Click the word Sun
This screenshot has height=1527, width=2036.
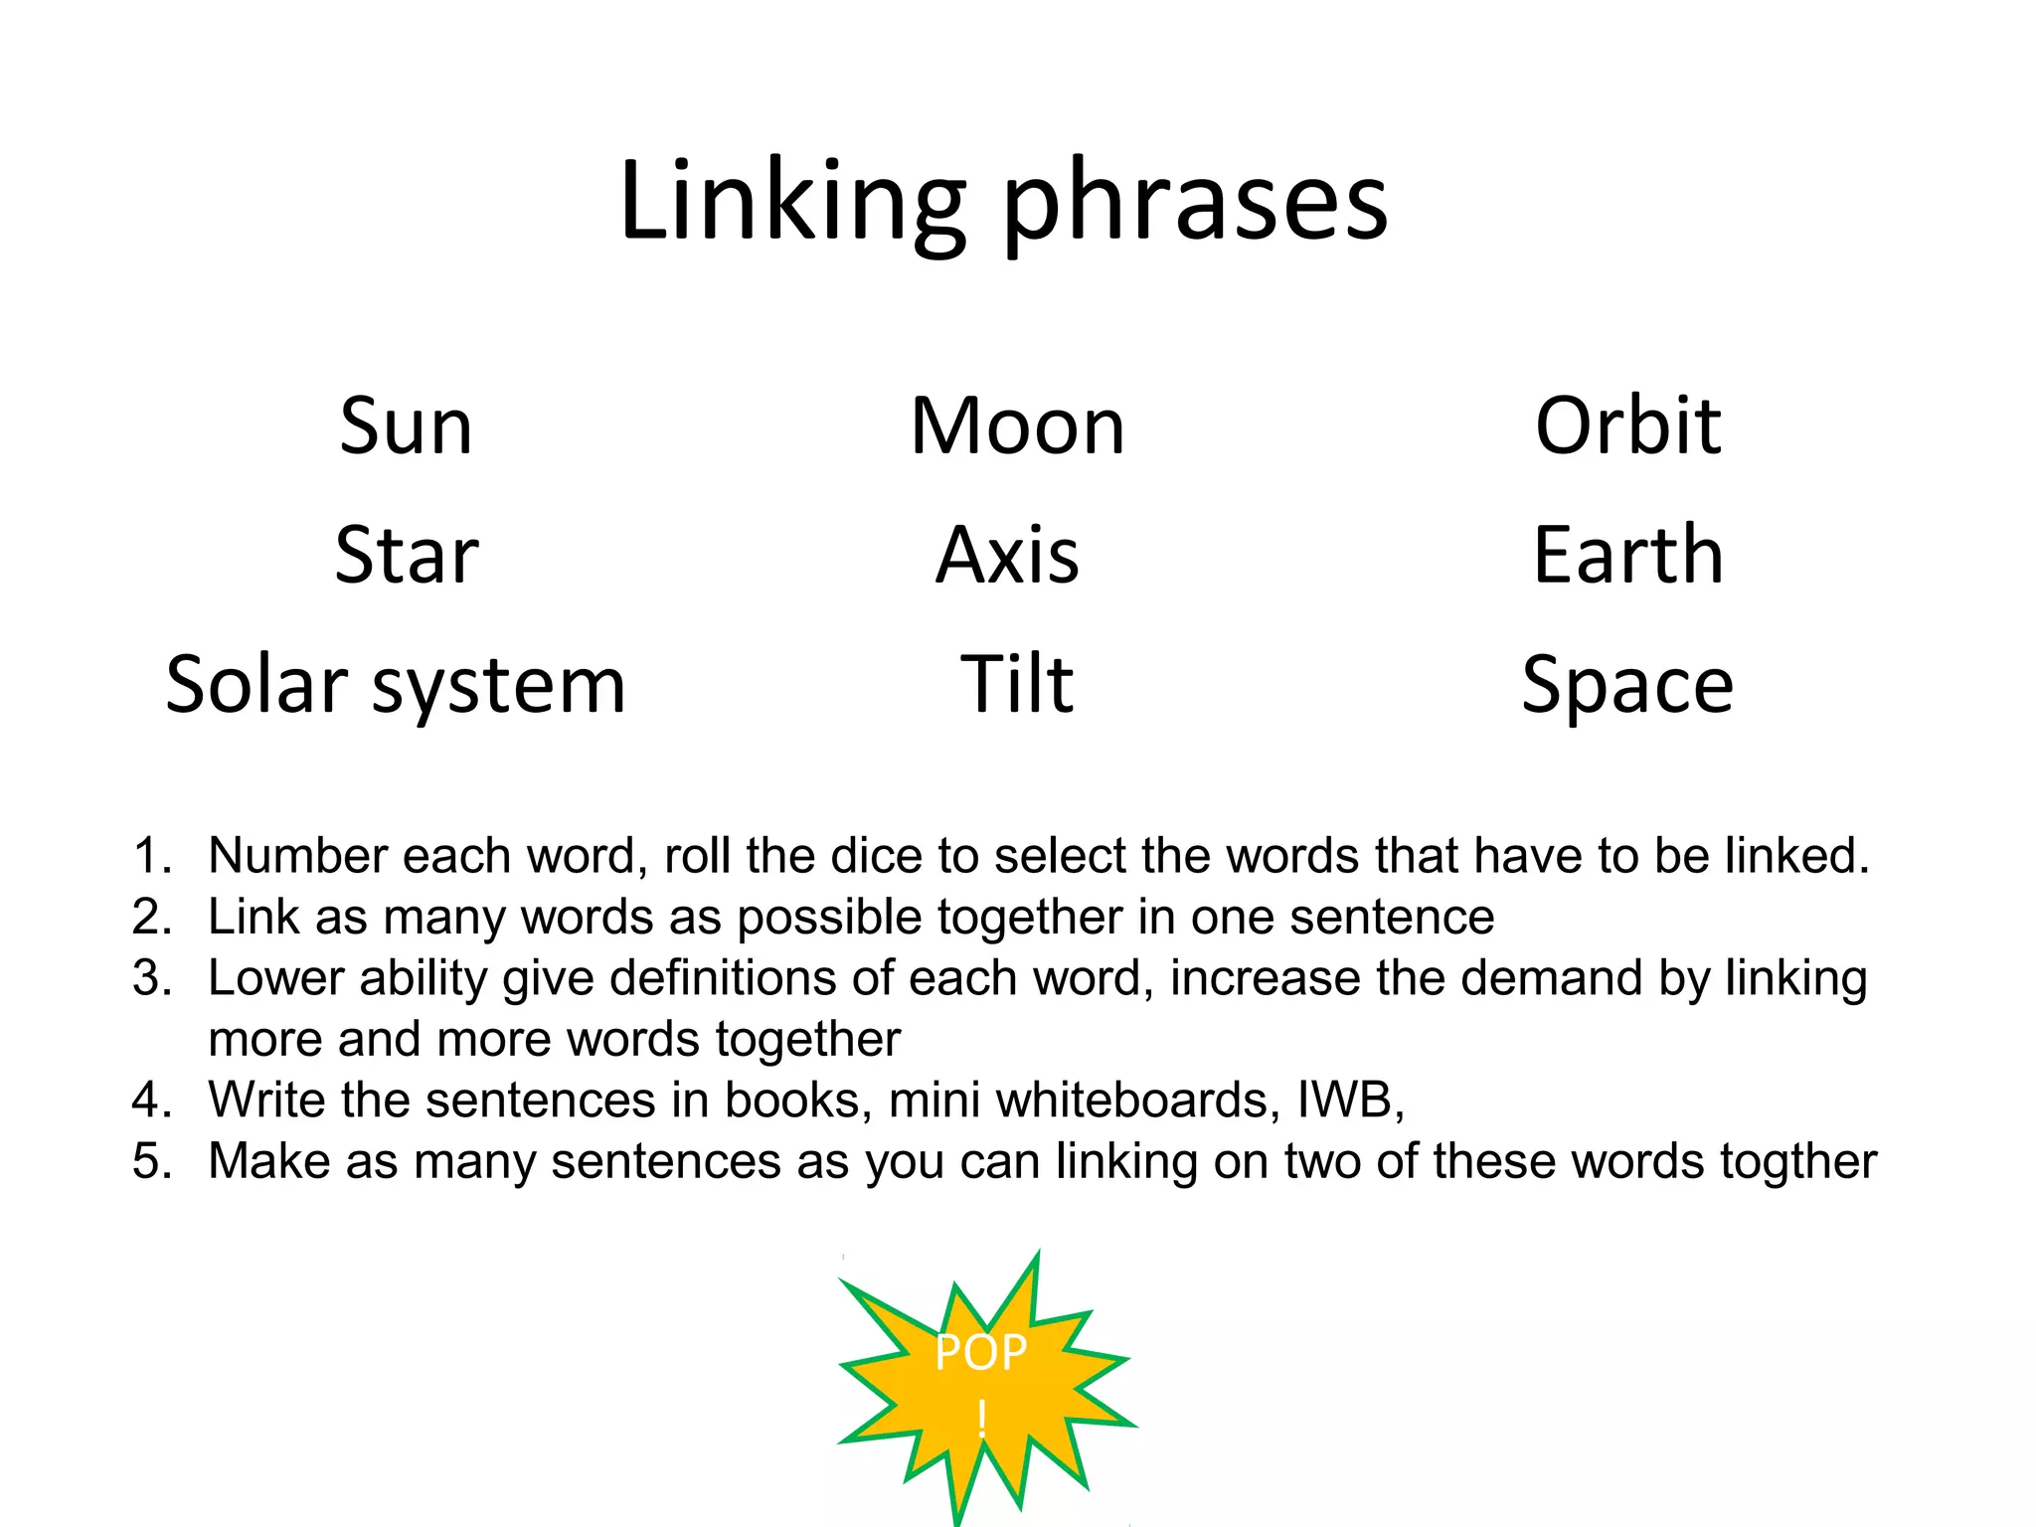pos(406,426)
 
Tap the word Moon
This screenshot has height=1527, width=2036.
pos(1017,426)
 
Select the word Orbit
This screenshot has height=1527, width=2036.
pos(1627,426)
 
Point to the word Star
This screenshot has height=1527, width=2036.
pos(406,555)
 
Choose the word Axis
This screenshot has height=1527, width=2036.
pos(1007,555)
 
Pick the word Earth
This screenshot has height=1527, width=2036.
pos(1627,555)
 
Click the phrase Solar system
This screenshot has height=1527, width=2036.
pos(396,685)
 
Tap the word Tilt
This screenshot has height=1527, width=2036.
pos(1016,685)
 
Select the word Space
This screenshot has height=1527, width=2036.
pos(1627,685)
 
